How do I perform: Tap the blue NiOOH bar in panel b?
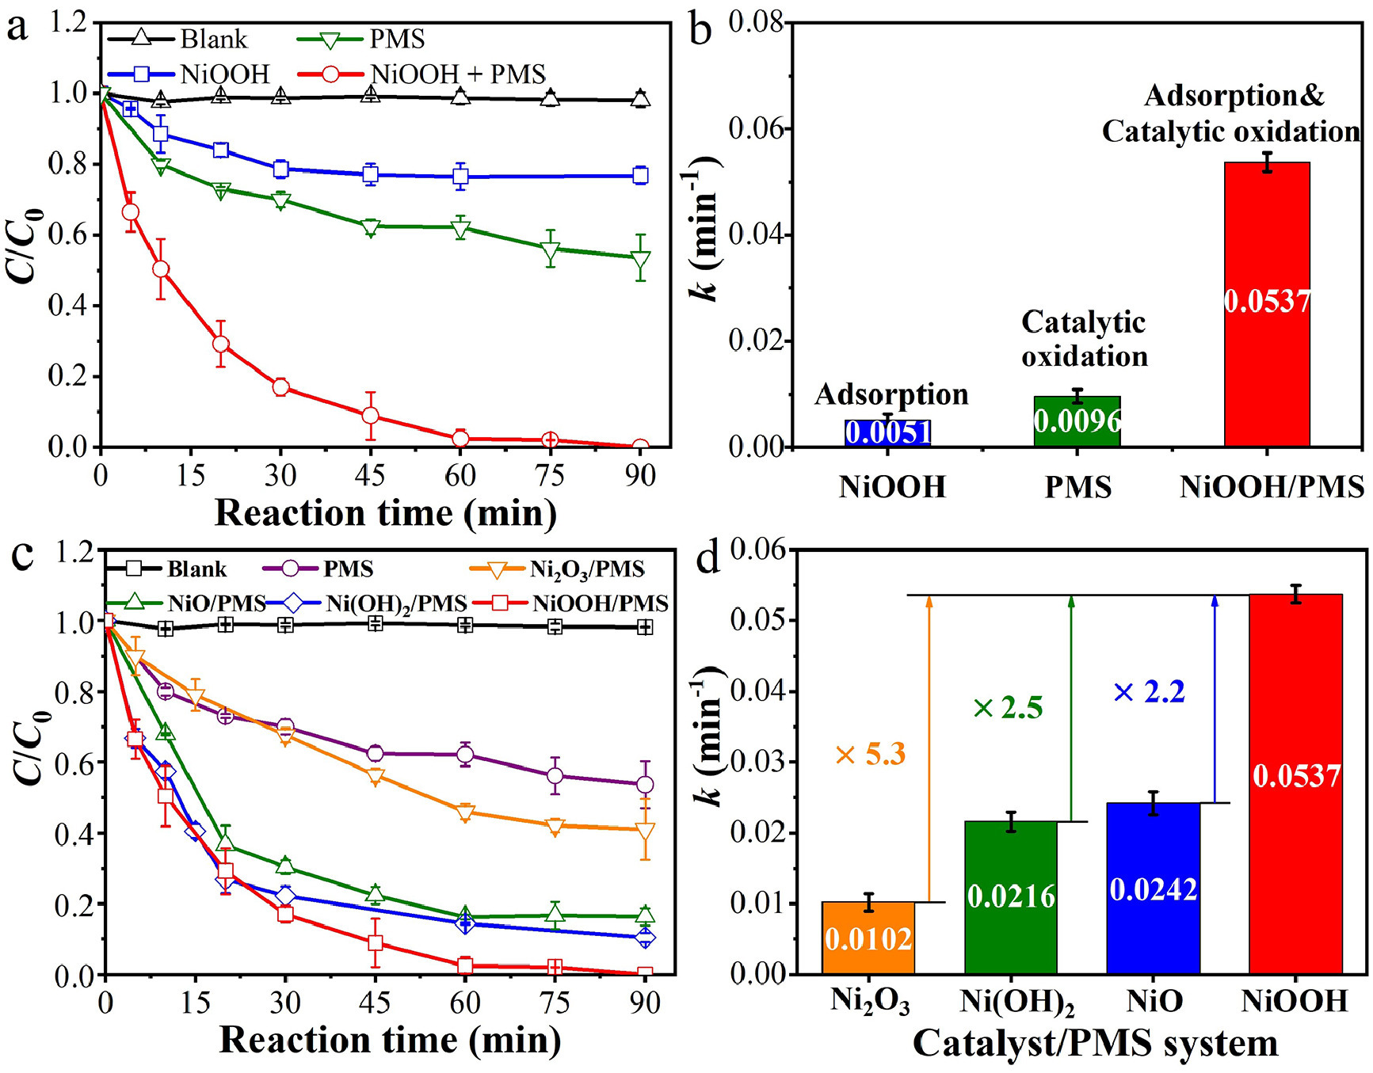point(887,433)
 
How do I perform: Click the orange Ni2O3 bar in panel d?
point(868,938)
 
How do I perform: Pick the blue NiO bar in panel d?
point(1153,888)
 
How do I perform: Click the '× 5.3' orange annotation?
point(870,755)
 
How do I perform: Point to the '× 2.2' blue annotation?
point(1149,693)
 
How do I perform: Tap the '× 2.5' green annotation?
point(1008,708)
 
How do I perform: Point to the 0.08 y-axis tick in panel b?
point(754,22)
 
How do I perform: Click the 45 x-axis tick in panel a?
point(370,475)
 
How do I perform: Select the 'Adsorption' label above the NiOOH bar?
point(891,394)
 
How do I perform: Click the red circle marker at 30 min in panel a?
point(280,387)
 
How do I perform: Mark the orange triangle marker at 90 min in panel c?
point(646,831)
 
